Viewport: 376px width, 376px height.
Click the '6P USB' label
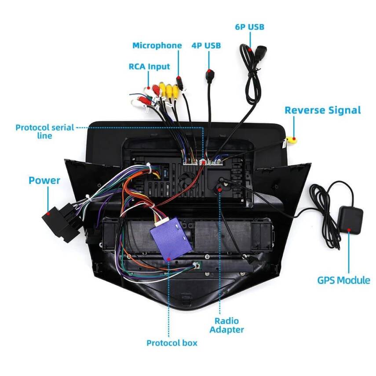point(249,27)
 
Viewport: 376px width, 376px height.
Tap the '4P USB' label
point(206,46)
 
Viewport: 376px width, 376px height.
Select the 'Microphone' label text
point(157,46)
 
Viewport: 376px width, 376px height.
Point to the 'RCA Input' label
point(149,67)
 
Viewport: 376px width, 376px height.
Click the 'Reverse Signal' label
point(322,110)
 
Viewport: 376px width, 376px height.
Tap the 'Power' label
point(44,180)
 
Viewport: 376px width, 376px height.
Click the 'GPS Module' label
point(343,280)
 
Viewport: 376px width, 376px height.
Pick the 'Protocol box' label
point(172,343)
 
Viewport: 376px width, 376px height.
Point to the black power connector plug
point(55,223)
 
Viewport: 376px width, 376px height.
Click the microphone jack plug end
point(179,81)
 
